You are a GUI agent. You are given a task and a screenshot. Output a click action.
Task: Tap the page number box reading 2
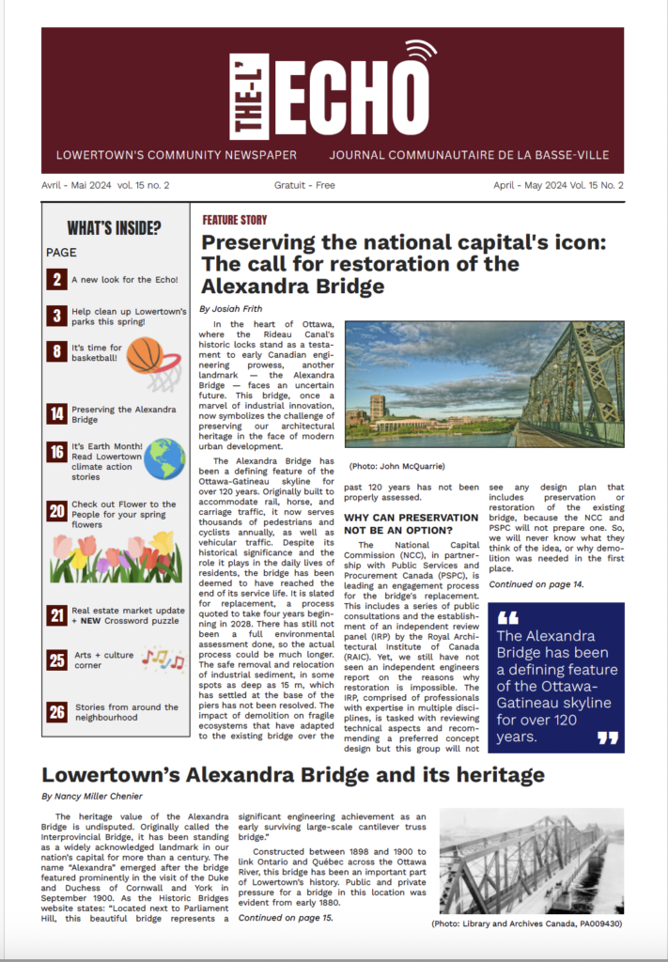click(x=57, y=279)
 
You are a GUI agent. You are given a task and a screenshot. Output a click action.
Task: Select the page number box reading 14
click(x=57, y=412)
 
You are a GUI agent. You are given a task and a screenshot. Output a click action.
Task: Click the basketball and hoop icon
click(x=153, y=363)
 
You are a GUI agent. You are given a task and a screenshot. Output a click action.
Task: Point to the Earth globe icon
click(x=164, y=458)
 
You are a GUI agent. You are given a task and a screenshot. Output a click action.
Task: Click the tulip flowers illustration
click(x=116, y=558)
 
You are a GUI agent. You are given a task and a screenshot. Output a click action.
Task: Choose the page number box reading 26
click(x=57, y=711)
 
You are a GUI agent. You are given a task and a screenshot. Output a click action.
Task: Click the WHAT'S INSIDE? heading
click(x=114, y=228)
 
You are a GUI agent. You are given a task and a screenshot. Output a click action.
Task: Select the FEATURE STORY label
click(x=235, y=220)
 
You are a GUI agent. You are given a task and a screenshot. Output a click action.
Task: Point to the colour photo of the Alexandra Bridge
click(x=484, y=385)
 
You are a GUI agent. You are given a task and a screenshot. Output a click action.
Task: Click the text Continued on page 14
click(x=536, y=584)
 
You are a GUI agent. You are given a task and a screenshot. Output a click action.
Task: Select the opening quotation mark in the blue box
click(x=507, y=619)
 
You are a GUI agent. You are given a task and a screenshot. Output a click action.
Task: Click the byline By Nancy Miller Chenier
click(x=93, y=796)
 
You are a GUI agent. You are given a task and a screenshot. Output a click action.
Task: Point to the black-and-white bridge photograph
click(x=532, y=861)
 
